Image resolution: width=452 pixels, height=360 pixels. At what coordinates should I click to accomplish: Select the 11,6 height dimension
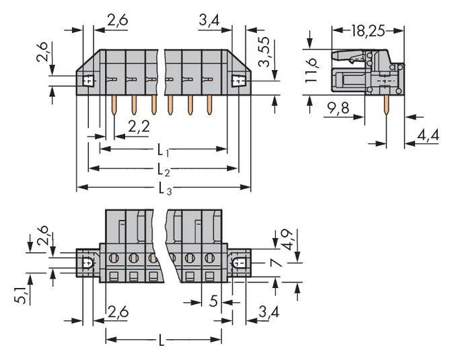click(311, 71)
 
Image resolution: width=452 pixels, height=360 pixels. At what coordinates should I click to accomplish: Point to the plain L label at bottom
click(161, 341)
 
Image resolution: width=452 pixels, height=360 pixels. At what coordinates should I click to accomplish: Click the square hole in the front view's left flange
click(87, 81)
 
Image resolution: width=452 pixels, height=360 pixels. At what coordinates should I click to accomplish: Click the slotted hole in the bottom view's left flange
click(87, 263)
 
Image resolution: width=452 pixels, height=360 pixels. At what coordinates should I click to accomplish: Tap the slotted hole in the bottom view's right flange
click(238, 263)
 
